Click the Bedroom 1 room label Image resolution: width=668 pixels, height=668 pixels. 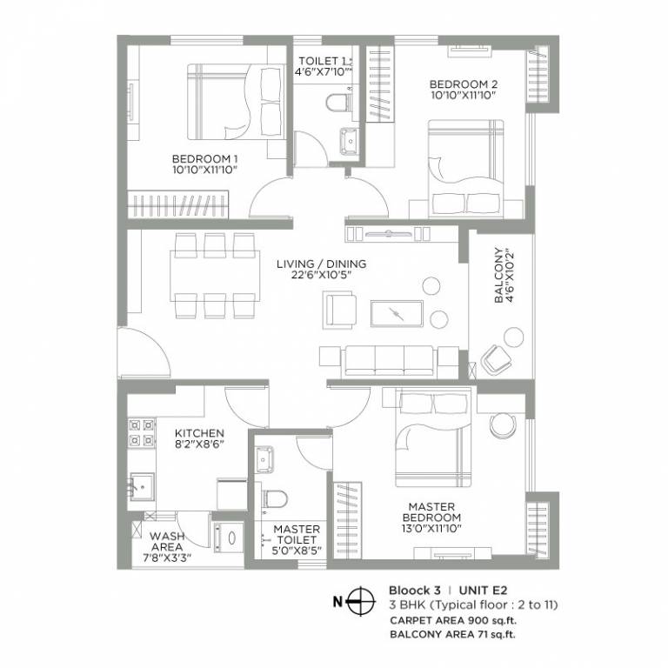click(x=204, y=158)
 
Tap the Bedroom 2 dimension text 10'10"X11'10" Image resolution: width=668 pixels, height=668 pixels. click(x=463, y=97)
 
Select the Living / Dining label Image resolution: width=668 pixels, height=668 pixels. click(x=321, y=264)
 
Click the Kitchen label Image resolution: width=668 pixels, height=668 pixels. click(x=199, y=433)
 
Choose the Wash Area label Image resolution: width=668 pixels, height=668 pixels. click(x=166, y=537)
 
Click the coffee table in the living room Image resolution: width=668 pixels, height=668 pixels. click(x=396, y=312)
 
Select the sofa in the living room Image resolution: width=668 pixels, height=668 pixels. click(x=387, y=357)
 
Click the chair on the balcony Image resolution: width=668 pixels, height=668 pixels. click(x=497, y=357)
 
